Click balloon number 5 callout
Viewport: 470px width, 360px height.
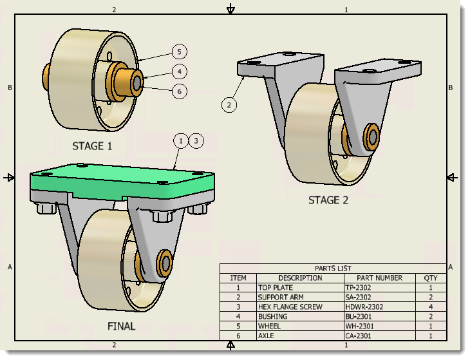[x=180, y=51]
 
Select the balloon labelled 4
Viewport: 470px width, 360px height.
[x=180, y=71]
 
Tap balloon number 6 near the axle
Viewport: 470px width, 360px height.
[x=180, y=91]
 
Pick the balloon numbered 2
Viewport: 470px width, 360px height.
[x=229, y=104]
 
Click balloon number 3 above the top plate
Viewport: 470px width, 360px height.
[x=196, y=140]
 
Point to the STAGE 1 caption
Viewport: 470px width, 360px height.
[x=92, y=146]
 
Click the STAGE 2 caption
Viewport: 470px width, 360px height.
[x=328, y=200]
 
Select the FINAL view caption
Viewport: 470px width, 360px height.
[x=121, y=326]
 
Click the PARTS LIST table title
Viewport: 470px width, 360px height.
[x=333, y=269]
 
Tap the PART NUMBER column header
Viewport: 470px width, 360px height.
[x=379, y=278]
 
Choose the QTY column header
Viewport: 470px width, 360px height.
[x=430, y=278]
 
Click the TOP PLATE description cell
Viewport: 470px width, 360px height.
[x=276, y=288]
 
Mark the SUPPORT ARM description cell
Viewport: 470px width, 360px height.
[x=280, y=298]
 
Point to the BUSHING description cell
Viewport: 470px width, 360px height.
[x=273, y=317]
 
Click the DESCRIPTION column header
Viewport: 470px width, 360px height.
[x=300, y=278]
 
